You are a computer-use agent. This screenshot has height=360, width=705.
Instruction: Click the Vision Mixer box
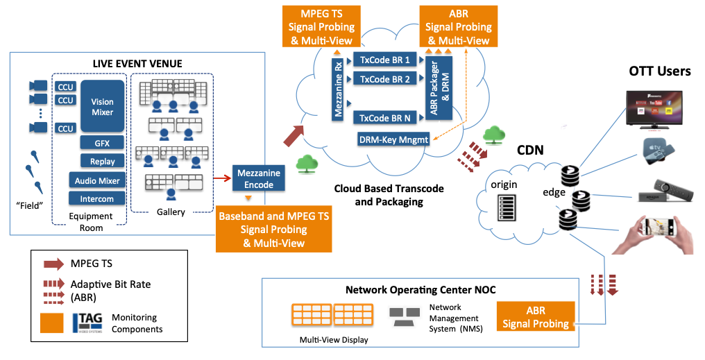click(102, 105)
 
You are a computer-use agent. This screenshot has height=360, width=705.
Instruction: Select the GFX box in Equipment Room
click(102, 143)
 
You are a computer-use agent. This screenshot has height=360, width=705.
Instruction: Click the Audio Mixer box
click(97, 180)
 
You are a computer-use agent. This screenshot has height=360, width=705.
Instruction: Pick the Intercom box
click(97, 198)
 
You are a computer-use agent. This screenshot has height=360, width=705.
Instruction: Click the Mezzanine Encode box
click(259, 178)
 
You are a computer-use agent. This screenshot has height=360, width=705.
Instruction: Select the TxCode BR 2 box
click(384, 79)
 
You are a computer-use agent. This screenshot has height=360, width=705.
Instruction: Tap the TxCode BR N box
click(384, 118)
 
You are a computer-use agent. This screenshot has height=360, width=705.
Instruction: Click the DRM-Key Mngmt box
click(393, 139)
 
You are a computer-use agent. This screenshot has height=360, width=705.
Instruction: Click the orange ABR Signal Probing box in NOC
click(536, 317)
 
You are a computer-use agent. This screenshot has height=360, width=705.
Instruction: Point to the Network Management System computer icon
click(404, 317)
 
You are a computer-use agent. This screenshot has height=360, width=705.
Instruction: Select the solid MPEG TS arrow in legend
click(53, 263)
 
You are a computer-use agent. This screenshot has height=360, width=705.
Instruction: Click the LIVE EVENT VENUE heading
click(137, 64)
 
